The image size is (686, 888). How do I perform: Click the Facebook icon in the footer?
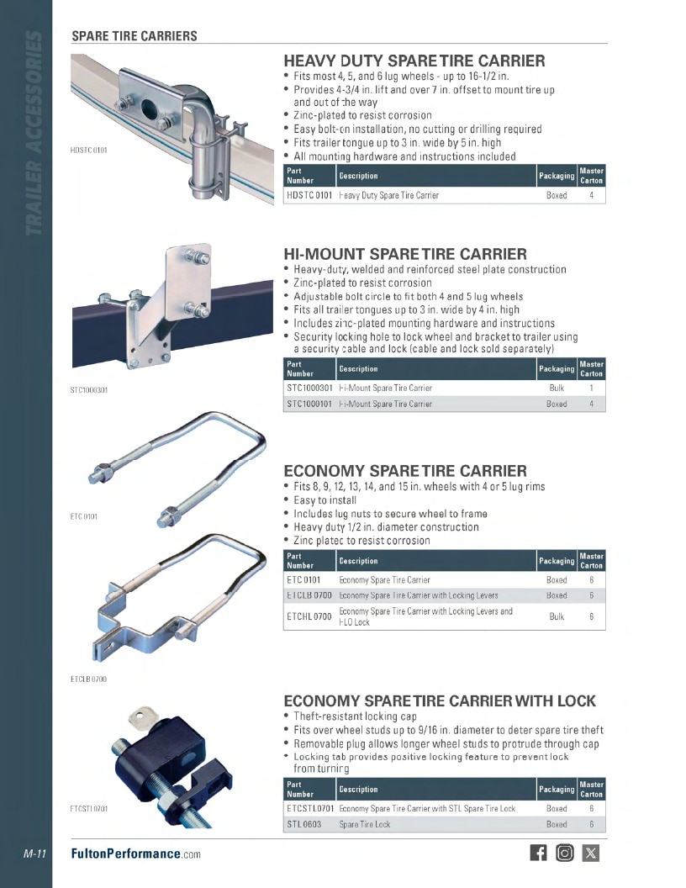pos(538,853)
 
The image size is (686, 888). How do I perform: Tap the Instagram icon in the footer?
pos(564,853)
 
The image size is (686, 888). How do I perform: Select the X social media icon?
pos(590,853)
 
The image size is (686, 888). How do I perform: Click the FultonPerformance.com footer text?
pos(136,854)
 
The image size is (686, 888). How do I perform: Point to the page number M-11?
pos(35,854)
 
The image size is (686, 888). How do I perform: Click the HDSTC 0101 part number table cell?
pos(309,195)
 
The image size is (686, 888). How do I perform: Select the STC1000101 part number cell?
pos(309,404)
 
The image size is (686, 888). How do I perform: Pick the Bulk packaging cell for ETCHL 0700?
pos(557,616)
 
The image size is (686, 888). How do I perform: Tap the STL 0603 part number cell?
pos(304,825)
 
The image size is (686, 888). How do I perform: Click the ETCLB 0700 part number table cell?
pos(309,595)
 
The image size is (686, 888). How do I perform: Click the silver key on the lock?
pos(142,716)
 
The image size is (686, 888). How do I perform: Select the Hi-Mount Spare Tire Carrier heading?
pos(405,254)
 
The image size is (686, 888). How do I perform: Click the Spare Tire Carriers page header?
pos(135,35)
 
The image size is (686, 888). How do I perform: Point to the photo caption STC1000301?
pos(89,389)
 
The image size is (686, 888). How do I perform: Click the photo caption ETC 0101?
pos(84,516)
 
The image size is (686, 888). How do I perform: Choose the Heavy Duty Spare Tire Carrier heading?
pos(414,61)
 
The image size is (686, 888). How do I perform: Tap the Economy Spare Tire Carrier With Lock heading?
pos(440,700)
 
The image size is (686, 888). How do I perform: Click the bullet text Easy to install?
pos(325,500)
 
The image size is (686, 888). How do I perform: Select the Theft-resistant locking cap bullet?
pos(355,716)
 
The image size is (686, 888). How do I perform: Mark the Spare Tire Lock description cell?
pos(365,825)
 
